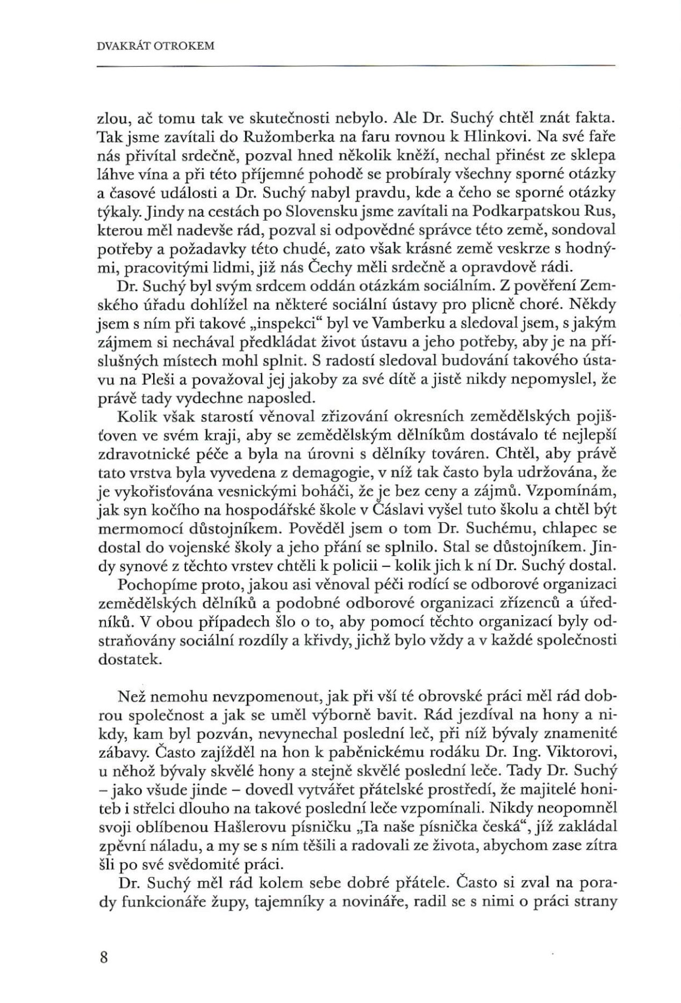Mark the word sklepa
[591, 155]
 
